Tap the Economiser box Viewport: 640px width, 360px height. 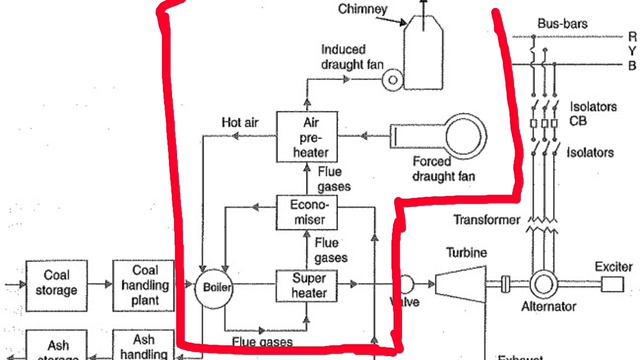pos(308,212)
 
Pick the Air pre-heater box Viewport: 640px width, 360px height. pos(308,137)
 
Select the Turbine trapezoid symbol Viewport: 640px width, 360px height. pos(458,284)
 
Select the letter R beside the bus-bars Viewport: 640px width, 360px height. pos(632,36)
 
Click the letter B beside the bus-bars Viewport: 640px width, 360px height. pos(632,66)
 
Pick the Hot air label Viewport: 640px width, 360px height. pos(241,122)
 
